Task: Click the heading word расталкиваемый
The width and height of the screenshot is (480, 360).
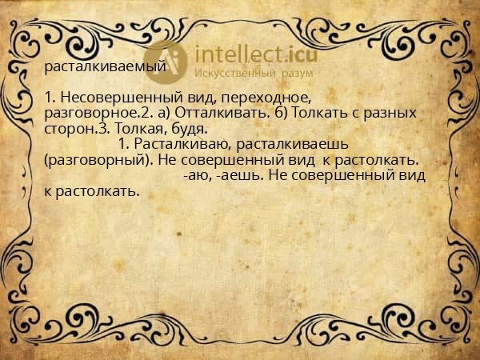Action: click(x=105, y=66)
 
